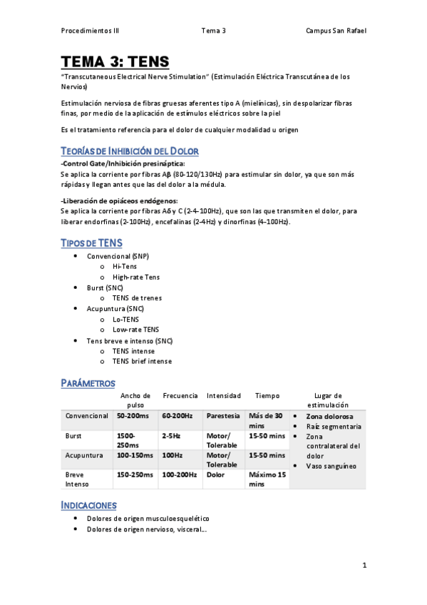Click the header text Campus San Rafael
(x=336, y=31)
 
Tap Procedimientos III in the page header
(x=90, y=31)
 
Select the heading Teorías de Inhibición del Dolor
(x=130, y=151)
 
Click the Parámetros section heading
(x=88, y=383)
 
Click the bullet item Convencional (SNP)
(x=118, y=255)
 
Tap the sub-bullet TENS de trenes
(x=137, y=298)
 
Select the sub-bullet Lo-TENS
(x=126, y=319)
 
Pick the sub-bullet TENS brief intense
(x=142, y=361)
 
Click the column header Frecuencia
(x=180, y=395)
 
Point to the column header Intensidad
(x=224, y=395)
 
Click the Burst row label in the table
(x=74, y=434)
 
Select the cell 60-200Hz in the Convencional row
(x=178, y=415)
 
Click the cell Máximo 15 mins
(x=267, y=478)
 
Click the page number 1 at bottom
(x=364, y=566)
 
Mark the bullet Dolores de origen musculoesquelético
(x=148, y=519)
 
